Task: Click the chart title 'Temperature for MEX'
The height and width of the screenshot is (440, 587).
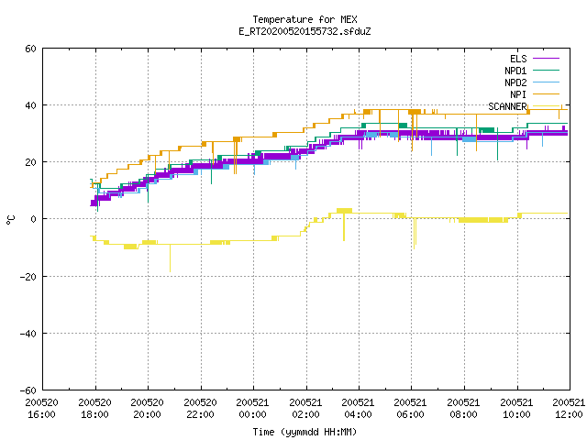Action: pyautogui.click(x=305, y=19)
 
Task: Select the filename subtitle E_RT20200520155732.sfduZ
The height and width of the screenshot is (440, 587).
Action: pyautogui.click(x=305, y=31)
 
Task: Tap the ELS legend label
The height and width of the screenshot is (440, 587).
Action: pyautogui.click(x=518, y=59)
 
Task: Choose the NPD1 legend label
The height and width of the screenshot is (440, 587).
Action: pyautogui.click(x=515, y=71)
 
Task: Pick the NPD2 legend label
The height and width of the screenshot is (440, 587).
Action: pyautogui.click(x=515, y=82)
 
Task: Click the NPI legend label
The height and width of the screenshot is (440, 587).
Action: pyautogui.click(x=518, y=94)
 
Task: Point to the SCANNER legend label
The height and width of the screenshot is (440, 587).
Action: pyautogui.click(x=507, y=106)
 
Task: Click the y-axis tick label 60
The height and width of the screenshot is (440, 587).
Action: pyautogui.click(x=30, y=49)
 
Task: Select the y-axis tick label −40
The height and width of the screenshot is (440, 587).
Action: pyautogui.click(x=28, y=334)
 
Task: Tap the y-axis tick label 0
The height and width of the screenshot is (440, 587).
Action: pyautogui.click(x=33, y=219)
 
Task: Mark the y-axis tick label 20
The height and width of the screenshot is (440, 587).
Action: pyautogui.click(x=30, y=162)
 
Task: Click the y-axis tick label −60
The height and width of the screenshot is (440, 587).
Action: pyautogui.click(x=28, y=390)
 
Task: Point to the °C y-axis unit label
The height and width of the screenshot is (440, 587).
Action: pyautogui.click(x=10, y=220)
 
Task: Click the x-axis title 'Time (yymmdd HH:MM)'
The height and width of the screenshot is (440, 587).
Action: pyautogui.click(x=305, y=432)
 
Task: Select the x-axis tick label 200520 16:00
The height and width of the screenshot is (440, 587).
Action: pyautogui.click(x=42, y=409)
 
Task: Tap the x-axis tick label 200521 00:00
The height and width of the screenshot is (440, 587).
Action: pyautogui.click(x=253, y=409)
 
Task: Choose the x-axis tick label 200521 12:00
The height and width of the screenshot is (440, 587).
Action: pyautogui.click(x=569, y=409)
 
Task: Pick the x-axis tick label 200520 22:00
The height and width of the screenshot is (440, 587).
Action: pyautogui.click(x=200, y=409)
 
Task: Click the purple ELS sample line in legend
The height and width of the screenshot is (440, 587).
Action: pyautogui.click(x=547, y=59)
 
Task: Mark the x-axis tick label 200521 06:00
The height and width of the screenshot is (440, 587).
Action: pyautogui.click(x=411, y=409)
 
